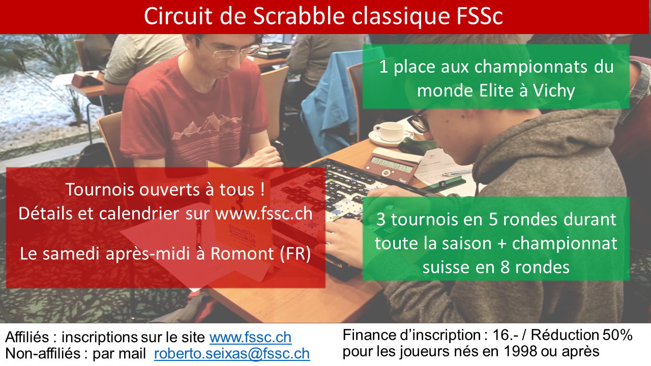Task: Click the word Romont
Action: (240, 254)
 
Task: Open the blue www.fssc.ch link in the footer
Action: (250, 338)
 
